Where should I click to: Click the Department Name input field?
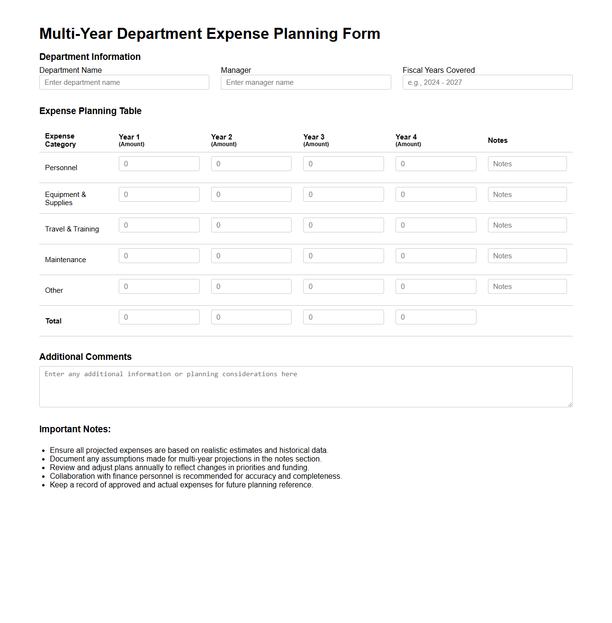[124, 82]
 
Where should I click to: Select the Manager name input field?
[306, 82]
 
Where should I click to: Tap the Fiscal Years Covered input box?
[487, 82]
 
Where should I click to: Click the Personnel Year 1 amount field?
[159, 164]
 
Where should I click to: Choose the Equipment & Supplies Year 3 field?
[343, 195]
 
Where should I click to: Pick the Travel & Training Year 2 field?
[251, 225]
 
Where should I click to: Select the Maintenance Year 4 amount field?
[436, 256]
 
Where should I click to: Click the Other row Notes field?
[527, 287]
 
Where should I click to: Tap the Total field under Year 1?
[159, 317]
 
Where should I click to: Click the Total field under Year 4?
[436, 317]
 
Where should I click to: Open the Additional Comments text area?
[306, 387]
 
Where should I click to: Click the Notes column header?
[498, 140]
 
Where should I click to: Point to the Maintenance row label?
[66, 260]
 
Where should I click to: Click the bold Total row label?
[54, 321]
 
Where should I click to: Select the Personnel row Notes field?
[527, 164]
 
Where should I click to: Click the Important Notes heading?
[75, 429]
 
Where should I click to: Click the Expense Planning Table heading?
[91, 111]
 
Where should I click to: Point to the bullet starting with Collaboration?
[195, 476]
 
